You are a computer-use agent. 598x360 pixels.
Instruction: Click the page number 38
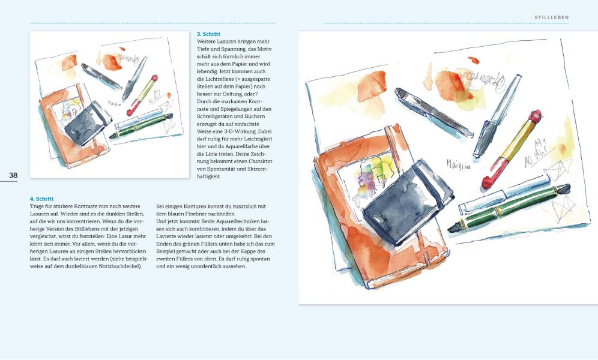(x=13, y=175)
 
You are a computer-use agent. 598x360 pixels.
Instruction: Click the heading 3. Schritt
(x=209, y=34)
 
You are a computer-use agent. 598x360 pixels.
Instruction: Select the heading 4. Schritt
(x=42, y=199)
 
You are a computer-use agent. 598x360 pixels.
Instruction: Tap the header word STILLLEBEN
(x=551, y=17)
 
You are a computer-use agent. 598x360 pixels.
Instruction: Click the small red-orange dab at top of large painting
(x=473, y=59)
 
